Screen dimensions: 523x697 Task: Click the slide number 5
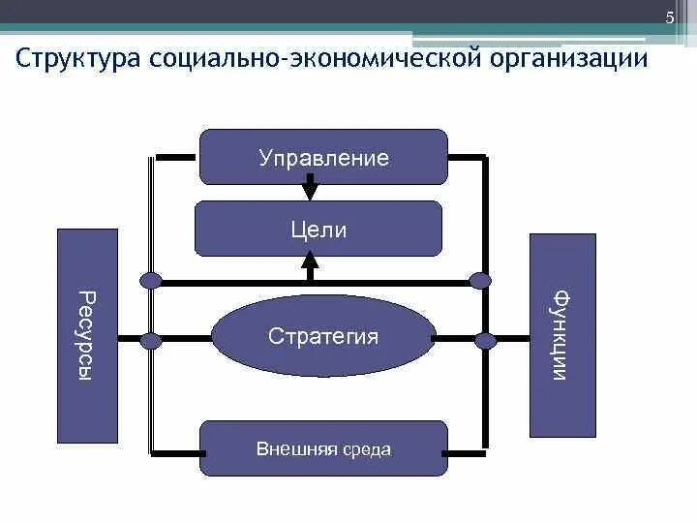[x=669, y=20]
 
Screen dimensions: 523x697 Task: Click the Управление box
[x=323, y=157]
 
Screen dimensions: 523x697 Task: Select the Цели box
[x=318, y=230]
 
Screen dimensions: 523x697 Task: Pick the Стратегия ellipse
[x=322, y=336]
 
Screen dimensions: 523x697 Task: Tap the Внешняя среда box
[x=323, y=448]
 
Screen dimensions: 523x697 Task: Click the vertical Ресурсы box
[x=87, y=335]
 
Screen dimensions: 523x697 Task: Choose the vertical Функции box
[x=562, y=335]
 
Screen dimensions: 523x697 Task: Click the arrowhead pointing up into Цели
[x=310, y=260]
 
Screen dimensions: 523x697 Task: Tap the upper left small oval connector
[x=150, y=281]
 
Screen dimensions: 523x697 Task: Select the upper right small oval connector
[x=481, y=281]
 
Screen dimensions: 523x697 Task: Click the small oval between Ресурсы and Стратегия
[x=150, y=340]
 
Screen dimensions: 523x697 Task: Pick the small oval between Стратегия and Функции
[x=484, y=340]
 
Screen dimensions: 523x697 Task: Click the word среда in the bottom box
[x=370, y=449]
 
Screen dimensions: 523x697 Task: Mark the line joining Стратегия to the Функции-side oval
[x=453, y=340]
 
